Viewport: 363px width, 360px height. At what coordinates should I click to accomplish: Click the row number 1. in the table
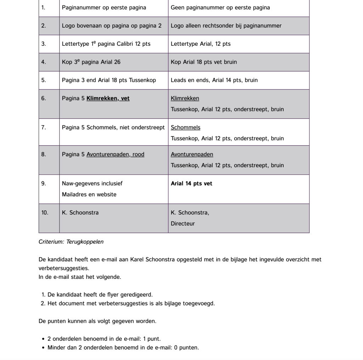(x=43, y=7)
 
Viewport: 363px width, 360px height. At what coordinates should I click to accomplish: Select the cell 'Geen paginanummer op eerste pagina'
(x=220, y=7)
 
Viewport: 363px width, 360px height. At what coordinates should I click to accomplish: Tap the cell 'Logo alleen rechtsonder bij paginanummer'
(x=226, y=26)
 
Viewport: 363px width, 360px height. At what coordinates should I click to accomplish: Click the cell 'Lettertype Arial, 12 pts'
(x=201, y=44)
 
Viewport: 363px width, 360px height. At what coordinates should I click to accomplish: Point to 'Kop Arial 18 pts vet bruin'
(x=204, y=62)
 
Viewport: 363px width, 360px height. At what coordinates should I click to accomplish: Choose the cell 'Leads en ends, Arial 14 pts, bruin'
(x=214, y=80)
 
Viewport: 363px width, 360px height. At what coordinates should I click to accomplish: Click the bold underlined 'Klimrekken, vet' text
(x=108, y=99)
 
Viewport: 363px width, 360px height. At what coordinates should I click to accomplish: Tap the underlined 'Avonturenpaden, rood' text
(x=115, y=154)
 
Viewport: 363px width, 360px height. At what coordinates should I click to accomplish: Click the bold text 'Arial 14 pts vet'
(x=191, y=184)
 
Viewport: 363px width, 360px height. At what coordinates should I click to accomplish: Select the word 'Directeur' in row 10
(x=183, y=224)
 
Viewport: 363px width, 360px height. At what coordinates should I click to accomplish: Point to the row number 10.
(x=45, y=213)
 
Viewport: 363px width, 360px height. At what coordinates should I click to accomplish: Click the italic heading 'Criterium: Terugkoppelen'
(x=71, y=242)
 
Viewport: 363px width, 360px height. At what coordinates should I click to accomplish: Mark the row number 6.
(x=43, y=99)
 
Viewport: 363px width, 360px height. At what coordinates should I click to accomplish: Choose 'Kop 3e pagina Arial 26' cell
(x=91, y=62)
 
